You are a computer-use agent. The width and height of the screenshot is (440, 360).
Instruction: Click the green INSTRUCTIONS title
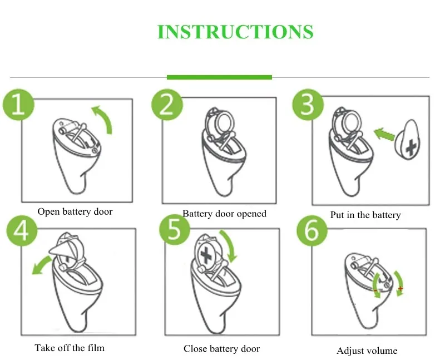[x=235, y=31]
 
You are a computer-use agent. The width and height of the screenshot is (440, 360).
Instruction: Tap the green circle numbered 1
[x=18, y=105]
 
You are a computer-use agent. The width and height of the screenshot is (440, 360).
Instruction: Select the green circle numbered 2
[x=167, y=105]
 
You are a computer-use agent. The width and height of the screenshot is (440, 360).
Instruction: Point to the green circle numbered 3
[x=308, y=105]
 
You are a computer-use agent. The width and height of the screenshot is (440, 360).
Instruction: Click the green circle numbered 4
[x=22, y=231]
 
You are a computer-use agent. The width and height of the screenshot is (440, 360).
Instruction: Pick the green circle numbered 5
[x=174, y=230]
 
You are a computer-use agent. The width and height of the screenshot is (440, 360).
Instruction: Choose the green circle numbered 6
[x=312, y=230]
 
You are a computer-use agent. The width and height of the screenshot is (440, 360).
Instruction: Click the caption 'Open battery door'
[x=75, y=211]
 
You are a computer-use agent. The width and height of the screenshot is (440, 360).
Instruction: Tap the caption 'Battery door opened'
[x=224, y=214]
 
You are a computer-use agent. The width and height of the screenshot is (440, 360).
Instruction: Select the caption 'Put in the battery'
[x=365, y=215]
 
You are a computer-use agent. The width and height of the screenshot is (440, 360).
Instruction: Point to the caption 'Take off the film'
[x=70, y=348]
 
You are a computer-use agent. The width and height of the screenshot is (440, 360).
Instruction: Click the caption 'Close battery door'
[x=222, y=349]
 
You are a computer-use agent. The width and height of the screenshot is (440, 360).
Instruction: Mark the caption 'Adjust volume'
[x=367, y=351]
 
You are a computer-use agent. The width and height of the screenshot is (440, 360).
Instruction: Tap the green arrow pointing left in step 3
[x=384, y=134]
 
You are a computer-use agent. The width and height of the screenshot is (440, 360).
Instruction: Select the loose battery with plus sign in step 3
[x=408, y=140]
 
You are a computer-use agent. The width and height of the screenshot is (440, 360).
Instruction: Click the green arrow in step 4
[x=41, y=265]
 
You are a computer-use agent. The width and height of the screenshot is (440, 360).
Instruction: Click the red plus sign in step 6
[x=401, y=288]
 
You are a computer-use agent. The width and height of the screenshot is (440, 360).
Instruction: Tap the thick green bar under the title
[x=219, y=77]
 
